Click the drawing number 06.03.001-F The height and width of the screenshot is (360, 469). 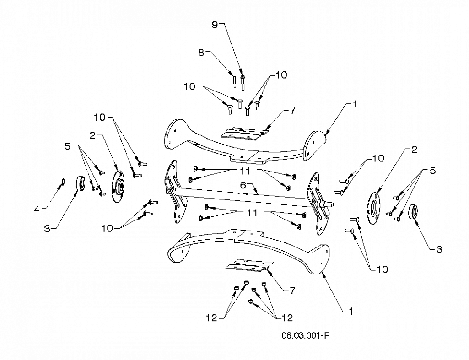305,335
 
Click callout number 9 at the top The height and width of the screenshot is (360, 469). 215,25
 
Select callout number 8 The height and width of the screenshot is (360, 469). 201,52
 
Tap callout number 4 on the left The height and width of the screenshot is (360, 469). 37,210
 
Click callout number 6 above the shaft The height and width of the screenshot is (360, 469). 243,185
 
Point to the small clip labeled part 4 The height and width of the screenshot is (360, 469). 64,181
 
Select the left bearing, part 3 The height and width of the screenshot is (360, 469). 81,183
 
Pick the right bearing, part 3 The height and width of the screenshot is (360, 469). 413,212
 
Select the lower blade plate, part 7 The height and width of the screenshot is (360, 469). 249,265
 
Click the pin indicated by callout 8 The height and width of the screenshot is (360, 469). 235,81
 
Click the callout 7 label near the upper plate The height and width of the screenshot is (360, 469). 293,110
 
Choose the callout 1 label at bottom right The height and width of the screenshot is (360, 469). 351,311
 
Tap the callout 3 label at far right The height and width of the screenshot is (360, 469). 439,249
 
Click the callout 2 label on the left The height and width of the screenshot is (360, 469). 92,135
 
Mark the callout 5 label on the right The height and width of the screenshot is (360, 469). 432,171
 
